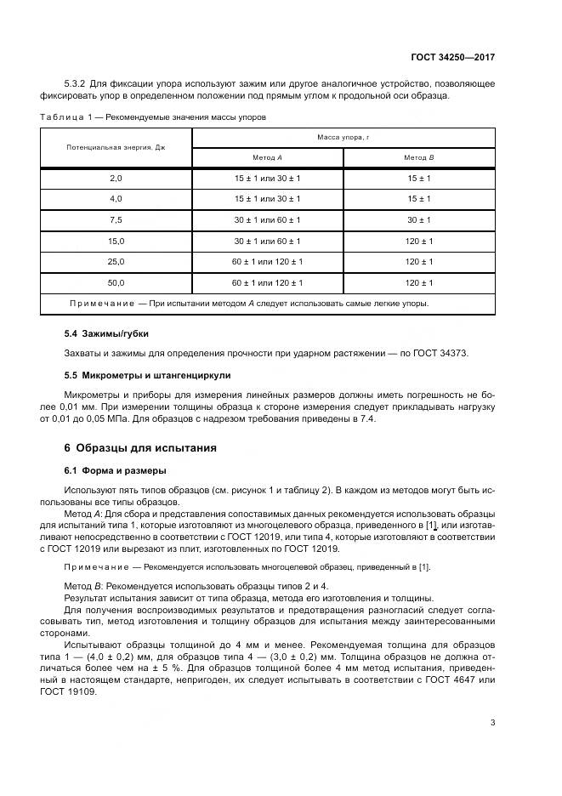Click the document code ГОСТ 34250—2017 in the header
coord(453,58)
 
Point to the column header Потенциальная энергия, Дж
coord(116,147)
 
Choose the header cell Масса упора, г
coord(343,137)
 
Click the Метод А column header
coord(268,158)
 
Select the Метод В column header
coord(418,158)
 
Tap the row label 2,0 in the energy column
coord(116,178)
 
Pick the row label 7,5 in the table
coord(116,219)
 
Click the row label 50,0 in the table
coord(116,282)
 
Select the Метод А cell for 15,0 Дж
coord(268,241)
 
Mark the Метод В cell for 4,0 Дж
coord(418,199)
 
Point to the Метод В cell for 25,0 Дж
coord(418,262)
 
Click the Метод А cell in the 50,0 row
coord(268,282)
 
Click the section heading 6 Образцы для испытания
coord(140,447)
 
